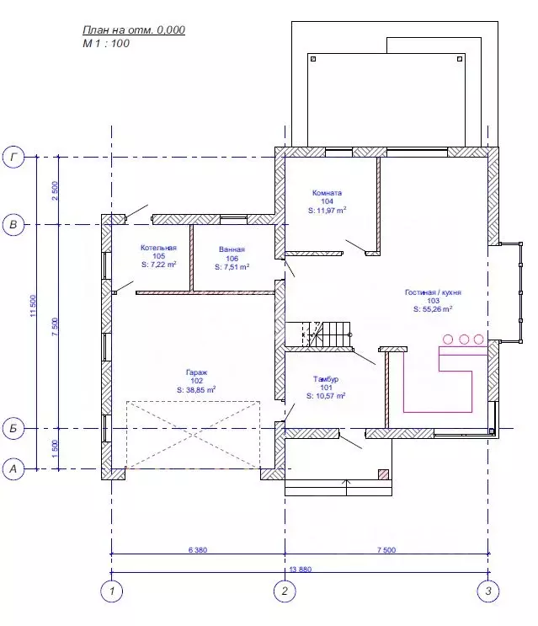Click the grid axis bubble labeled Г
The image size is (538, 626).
13,158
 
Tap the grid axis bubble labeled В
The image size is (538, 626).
13,224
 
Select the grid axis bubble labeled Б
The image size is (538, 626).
13,428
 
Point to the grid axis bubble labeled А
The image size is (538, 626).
13,468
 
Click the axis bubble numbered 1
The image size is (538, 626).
112,591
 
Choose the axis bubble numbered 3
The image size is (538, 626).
488,591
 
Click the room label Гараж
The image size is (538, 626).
197,372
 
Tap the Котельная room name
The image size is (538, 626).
158,248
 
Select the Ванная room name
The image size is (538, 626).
232,249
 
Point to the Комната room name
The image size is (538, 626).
327,193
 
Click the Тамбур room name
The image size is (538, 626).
326,379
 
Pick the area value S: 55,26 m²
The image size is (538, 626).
433,308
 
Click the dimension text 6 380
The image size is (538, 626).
198,549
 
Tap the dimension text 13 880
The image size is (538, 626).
301,569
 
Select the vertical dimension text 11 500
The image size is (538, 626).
33,306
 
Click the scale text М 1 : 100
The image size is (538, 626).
106,43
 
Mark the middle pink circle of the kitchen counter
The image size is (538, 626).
464,340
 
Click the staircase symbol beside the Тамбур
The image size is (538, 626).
326,334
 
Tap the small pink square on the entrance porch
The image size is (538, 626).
383,474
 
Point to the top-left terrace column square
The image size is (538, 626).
313,59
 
